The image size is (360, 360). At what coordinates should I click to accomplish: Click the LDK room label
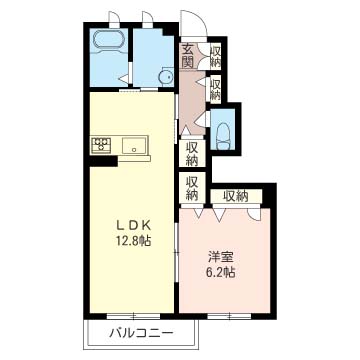point(133,226)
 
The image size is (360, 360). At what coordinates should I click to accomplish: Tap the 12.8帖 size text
point(133,240)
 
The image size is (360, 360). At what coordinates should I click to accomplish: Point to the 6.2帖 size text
point(222,272)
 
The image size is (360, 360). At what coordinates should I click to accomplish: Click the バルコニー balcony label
point(142,332)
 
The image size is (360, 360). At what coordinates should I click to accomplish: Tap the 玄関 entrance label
point(188,56)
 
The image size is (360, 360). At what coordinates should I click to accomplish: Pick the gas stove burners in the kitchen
point(101,145)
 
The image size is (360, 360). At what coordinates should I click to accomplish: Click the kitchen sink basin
point(134,146)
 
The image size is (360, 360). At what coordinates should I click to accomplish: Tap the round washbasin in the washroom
point(165,77)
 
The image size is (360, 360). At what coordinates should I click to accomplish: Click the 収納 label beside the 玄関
point(215,57)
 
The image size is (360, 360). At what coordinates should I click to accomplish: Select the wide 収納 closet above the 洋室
point(236,197)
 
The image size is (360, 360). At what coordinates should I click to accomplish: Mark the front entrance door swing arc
point(199,20)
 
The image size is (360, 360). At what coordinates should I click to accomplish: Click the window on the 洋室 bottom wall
point(229,316)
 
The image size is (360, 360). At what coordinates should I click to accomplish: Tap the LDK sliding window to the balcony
point(133,316)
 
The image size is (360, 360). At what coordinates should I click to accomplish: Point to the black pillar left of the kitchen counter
point(103,161)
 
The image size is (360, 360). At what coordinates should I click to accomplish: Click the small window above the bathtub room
point(114,19)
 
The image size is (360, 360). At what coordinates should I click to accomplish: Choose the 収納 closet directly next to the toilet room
point(192,153)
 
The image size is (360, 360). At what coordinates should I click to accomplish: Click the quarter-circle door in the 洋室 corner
point(254,213)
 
